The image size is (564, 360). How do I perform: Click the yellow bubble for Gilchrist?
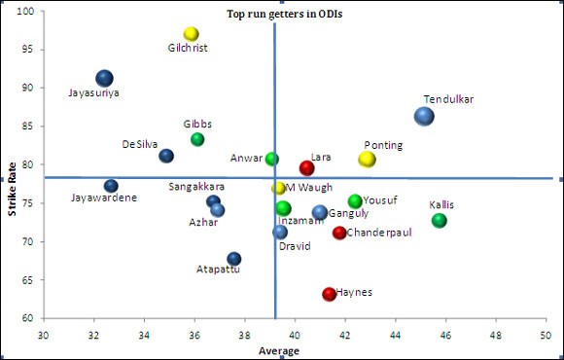coord(191,34)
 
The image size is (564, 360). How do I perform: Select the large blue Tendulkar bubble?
coord(424,116)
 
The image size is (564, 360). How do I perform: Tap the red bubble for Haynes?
coord(329,294)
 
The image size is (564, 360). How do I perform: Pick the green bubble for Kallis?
coord(440,221)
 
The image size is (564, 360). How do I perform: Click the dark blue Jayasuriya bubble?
coord(104,79)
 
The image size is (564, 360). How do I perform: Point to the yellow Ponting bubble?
coord(367,159)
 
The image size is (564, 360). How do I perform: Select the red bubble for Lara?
coord(306,167)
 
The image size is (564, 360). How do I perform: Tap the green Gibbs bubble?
coord(197,139)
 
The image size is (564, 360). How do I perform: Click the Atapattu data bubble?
coord(233,259)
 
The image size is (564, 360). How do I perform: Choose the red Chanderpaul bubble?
coord(339,233)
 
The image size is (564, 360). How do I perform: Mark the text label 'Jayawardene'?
coord(104,198)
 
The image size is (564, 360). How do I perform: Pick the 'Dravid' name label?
coord(294,246)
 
